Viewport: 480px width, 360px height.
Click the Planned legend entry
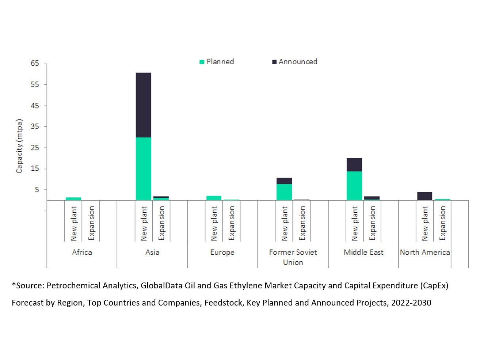click(x=217, y=62)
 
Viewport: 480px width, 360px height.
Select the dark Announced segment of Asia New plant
click(x=143, y=105)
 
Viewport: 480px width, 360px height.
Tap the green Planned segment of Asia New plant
click(x=143, y=168)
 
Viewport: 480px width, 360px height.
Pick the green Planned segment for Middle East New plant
click(x=354, y=186)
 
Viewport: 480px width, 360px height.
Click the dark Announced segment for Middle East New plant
click(x=354, y=165)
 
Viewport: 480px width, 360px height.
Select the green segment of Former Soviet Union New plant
click(x=284, y=192)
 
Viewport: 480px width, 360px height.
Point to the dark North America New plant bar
click(x=424, y=196)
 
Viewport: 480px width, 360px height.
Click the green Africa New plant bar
click(x=73, y=199)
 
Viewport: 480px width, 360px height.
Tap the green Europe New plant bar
click(x=214, y=198)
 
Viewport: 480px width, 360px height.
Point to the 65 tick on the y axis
click(x=35, y=64)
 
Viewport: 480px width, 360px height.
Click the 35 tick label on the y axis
click(x=35, y=127)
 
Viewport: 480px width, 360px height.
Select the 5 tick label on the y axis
click(x=37, y=190)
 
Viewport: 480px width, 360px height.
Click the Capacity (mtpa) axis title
click(x=19, y=146)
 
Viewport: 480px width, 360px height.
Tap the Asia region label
click(x=152, y=252)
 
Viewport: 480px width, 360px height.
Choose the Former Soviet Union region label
click(x=293, y=257)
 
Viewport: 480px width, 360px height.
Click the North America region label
click(x=424, y=252)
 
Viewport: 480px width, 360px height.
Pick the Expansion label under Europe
click(x=231, y=223)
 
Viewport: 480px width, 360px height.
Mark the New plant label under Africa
click(x=74, y=223)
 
